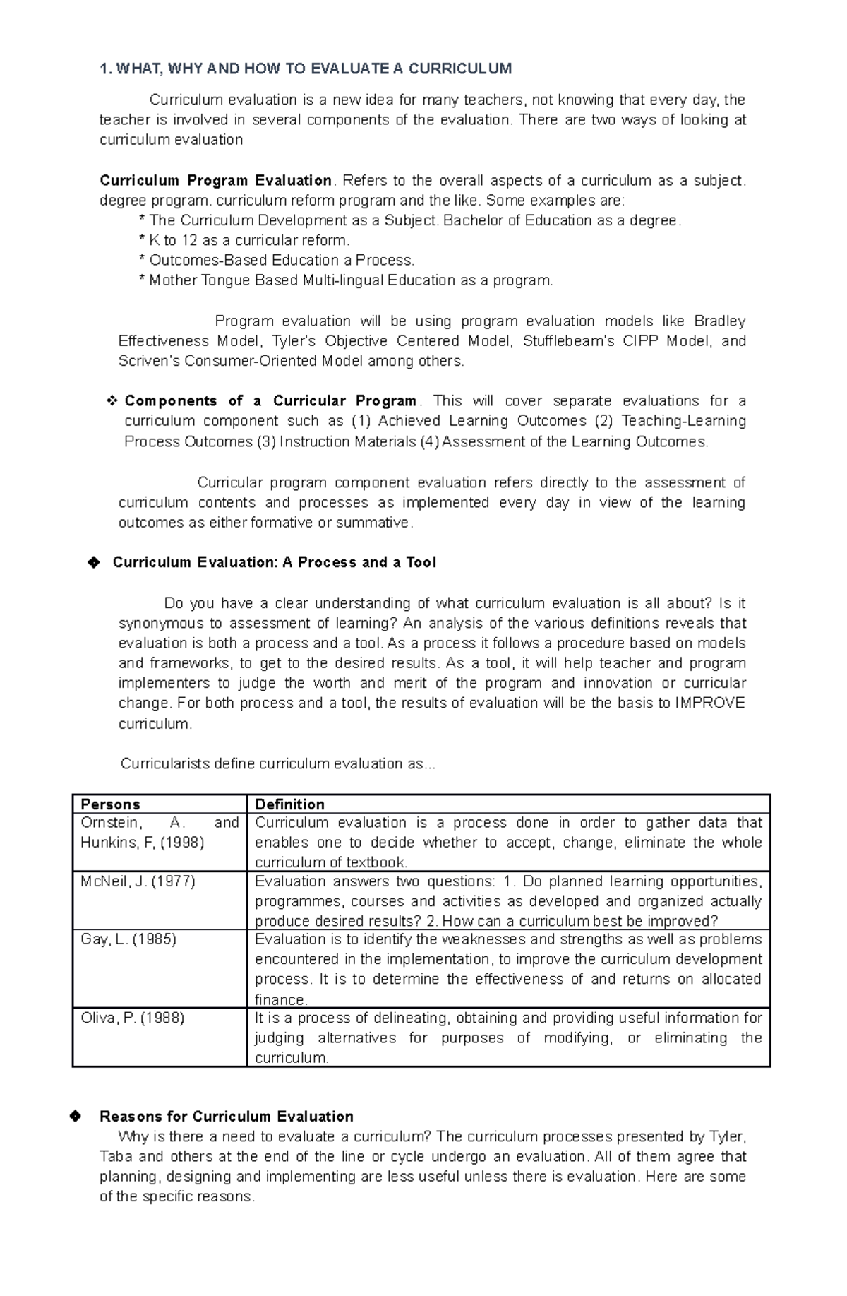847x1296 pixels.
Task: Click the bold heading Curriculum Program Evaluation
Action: tap(215, 180)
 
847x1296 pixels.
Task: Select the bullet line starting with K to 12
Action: tap(245, 240)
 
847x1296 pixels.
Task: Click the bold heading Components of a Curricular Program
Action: tap(270, 401)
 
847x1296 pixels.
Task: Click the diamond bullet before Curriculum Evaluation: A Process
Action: tap(92, 562)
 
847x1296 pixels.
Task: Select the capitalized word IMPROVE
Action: tap(709, 703)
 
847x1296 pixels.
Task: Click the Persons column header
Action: tap(110, 804)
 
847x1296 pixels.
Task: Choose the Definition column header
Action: tap(289, 804)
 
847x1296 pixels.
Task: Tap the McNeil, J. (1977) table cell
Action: tap(138, 881)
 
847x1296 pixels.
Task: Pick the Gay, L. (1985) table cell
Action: tap(128, 939)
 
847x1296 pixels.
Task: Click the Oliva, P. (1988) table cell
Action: tap(132, 1018)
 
